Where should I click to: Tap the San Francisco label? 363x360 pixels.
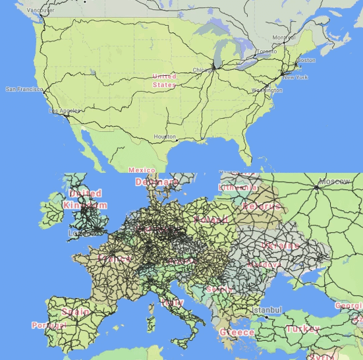[x=24, y=89]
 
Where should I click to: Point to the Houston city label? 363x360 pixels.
[x=164, y=136]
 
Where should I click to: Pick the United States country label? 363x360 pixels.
[x=164, y=80]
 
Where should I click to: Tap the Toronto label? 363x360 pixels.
[x=266, y=51]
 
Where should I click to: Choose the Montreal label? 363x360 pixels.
[x=283, y=38]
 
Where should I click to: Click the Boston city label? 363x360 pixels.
[x=306, y=61]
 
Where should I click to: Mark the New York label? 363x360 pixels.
[x=295, y=77]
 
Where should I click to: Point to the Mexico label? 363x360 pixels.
[x=142, y=170]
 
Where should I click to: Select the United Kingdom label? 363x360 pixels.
[x=85, y=199]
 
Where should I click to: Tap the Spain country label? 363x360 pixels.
[x=75, y=311]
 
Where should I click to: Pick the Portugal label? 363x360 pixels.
[x=49, y=325]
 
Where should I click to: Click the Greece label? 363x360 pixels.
[x=237, y=332]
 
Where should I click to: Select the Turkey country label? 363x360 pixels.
[x=302, y=328]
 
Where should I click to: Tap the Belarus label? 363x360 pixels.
[x=262, y=206]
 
